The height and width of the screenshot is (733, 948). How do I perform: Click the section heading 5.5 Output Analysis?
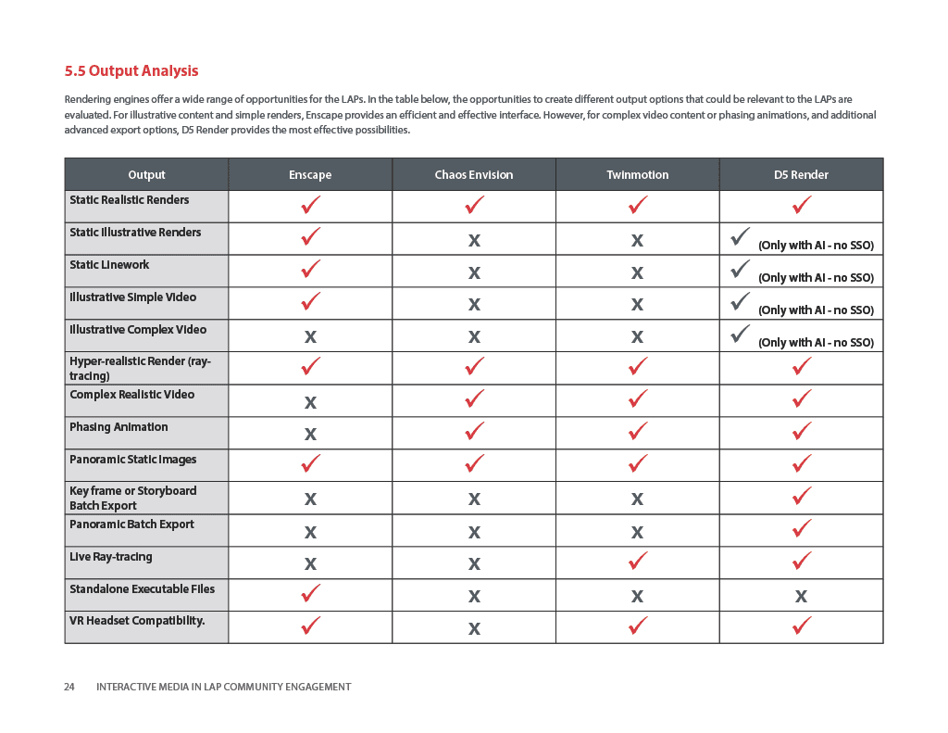[131, 70]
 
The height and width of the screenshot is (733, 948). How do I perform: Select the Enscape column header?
[310, 174]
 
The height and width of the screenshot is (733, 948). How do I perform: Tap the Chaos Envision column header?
[473, 174]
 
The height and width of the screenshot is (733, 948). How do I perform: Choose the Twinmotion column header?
[637, 174]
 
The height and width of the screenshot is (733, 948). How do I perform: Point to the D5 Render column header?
[801, 174]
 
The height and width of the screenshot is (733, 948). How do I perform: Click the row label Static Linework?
[109, 265]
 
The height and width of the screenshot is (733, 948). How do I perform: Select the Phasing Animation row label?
[118, 427]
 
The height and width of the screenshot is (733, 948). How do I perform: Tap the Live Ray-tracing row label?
[110, 557]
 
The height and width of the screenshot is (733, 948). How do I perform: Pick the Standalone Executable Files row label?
[142, 589]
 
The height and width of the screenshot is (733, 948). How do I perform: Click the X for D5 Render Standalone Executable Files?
[801, 597]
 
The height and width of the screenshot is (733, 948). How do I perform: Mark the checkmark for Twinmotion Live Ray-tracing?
[638, 561]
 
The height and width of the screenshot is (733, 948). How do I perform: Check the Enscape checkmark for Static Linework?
[311, 269]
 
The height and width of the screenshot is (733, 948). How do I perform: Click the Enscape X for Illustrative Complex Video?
[310, 337]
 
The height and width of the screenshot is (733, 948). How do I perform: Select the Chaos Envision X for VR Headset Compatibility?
[474, 629]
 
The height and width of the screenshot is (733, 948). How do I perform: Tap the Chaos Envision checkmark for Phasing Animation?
[474, 431]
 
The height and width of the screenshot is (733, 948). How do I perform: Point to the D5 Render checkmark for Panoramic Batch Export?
[802, 528]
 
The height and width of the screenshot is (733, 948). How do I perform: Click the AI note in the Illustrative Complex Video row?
[816, 343]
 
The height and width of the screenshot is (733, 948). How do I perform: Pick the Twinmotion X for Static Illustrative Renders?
[637, 241]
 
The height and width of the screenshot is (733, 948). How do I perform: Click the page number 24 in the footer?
[69, 687]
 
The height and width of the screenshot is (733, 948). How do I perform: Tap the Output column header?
[146, 174]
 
